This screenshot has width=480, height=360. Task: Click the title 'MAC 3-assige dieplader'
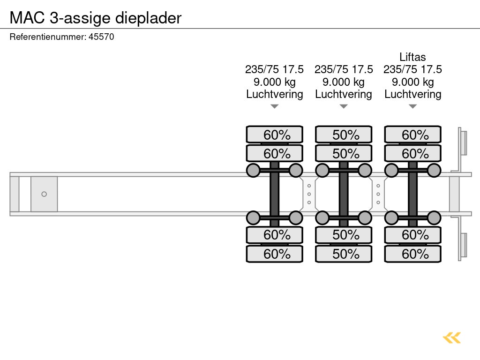tap(96, 18)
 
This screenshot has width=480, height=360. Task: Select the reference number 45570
tap(101, 37)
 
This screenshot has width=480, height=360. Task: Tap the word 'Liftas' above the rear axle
tap(412, 57)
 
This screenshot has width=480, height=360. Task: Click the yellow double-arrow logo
tap(452, 337)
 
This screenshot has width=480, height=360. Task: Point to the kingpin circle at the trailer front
tap(44, 194)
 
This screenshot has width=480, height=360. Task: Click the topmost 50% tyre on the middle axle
tap(344, 135)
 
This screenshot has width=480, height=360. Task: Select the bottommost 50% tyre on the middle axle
tap(344, 254)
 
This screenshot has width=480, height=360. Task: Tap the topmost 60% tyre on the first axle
tap(275, 135)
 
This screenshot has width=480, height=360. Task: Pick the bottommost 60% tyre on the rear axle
tap(412, 254)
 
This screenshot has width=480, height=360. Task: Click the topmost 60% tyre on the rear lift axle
tap(412, 135)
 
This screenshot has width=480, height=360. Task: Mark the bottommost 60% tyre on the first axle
tap(275, 254)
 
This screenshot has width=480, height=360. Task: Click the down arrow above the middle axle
tap(344, 106)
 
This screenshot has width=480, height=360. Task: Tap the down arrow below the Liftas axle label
tap(412, 106)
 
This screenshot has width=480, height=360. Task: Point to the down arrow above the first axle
tap(275, 106)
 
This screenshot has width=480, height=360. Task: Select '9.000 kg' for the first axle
tap(275, 82)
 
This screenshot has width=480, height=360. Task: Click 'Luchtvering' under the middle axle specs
tap(344, 94)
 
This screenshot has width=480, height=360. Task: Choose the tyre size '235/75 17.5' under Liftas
tap(412, 69)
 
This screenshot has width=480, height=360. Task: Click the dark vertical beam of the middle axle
tap(344, 194)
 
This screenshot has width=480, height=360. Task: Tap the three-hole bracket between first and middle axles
tap(309, 194)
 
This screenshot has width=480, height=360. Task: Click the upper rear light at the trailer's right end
tap(464, 142)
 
